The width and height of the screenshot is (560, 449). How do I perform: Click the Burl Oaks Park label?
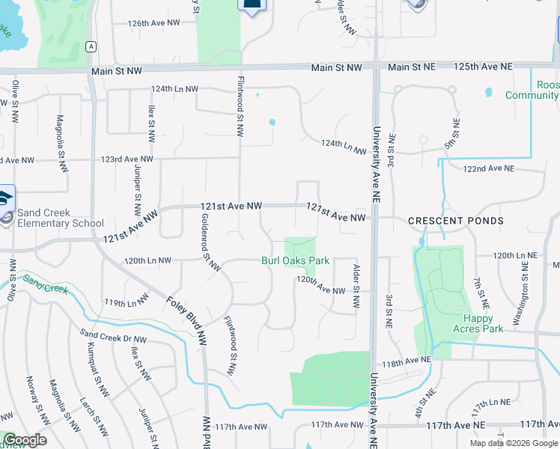coord(295,261)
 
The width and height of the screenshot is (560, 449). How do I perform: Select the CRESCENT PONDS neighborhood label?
coord(455,222)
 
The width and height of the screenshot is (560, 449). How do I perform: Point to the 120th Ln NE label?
coord(515,255)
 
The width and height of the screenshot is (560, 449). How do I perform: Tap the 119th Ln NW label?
coord(126,303)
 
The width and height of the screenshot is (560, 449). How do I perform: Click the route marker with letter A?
coord(91,46)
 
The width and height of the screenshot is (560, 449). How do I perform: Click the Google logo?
coord(25,440)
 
